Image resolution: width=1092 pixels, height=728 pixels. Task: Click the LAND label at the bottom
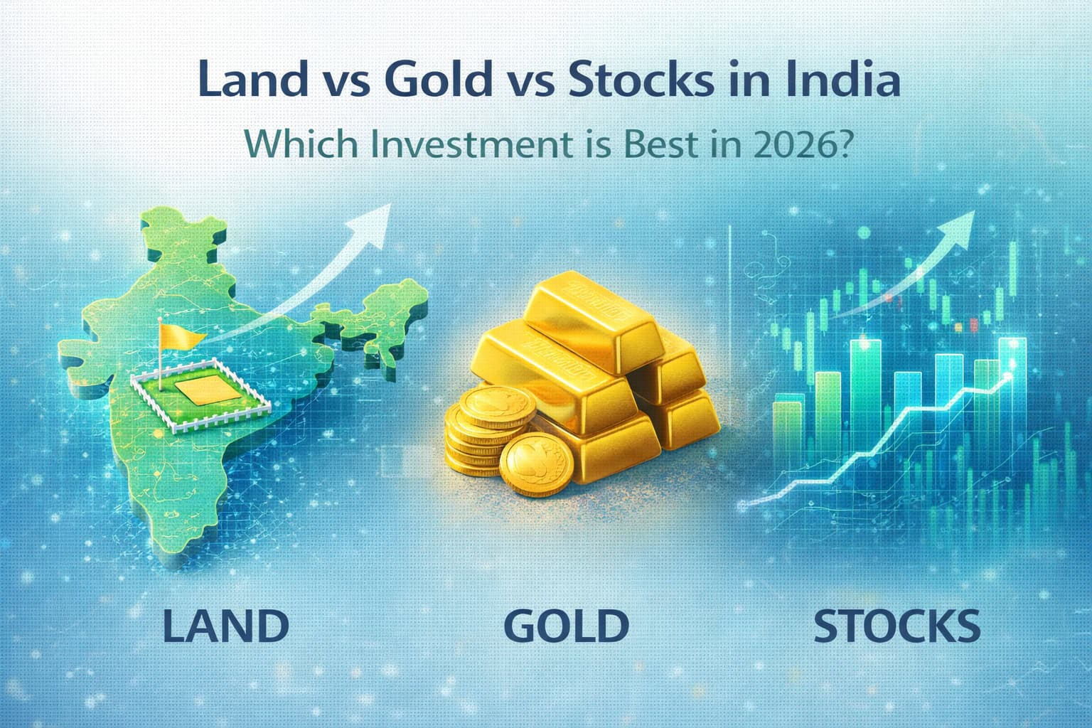[226, 625]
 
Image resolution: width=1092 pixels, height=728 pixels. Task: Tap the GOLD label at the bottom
[566, 625]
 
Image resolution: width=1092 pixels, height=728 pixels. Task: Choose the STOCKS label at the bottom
[896, 626]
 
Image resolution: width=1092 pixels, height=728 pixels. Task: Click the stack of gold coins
[476, 434]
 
